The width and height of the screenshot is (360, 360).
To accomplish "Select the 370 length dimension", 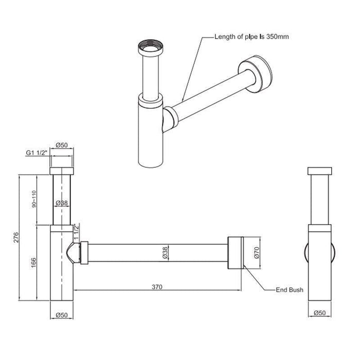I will click(158, 287).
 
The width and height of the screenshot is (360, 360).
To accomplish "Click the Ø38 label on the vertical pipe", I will click(62, 204).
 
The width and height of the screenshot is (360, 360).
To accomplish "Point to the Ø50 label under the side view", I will click(319, 313).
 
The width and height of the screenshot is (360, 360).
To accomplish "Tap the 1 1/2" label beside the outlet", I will click(77, 232).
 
